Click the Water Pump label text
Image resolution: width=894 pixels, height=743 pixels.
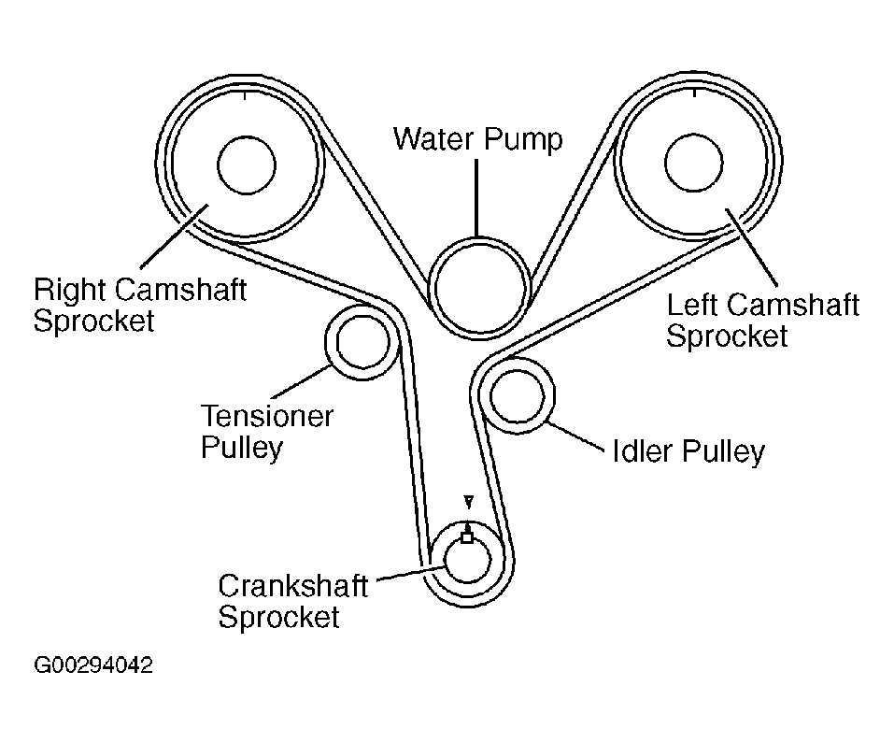point(478,140)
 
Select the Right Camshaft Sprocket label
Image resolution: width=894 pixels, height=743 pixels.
point(139,304)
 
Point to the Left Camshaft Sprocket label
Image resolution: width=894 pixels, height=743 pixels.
point(761,320)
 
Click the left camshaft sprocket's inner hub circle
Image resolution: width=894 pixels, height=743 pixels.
point(695,165)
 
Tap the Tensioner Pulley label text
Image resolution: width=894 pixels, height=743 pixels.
point(266,431)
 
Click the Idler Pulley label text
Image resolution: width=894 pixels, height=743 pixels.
point(688,451)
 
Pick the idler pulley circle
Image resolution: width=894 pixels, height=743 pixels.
point(517,396)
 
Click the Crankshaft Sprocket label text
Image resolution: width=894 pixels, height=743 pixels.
point(292,601)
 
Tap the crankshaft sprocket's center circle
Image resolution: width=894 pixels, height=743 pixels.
point(466,561)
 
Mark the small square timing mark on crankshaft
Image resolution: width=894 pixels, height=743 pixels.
point(466,537)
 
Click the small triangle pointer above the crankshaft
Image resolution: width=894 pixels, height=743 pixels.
point(468,503)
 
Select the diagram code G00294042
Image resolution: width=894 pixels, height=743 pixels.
point(92,666)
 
